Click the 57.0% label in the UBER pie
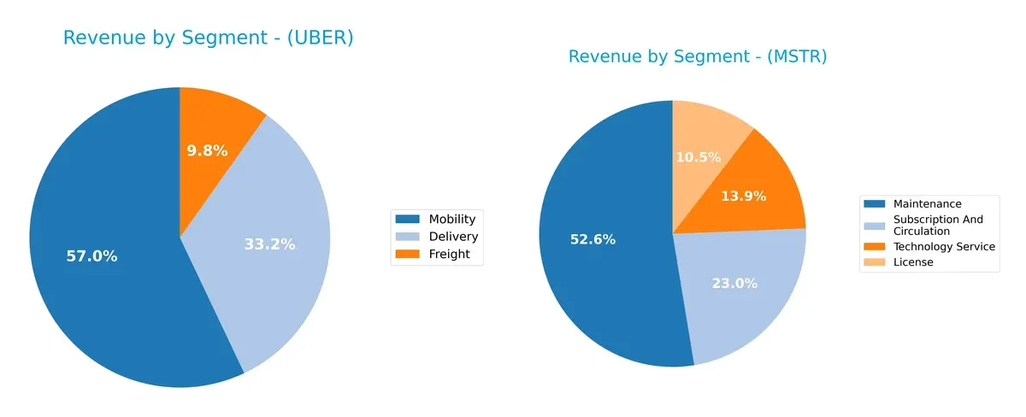(91, 255)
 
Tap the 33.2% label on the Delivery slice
(269, 244)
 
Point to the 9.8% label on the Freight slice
(207, 151)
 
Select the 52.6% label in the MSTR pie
(593, 240)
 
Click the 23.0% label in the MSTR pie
(734, 284)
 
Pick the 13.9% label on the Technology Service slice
(743, 197)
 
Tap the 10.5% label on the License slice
(699, 157)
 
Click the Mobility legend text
(452, 220)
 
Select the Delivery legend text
(453, 237)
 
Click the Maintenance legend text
(927, 204)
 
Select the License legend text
(913, 262)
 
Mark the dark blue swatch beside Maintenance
(874, 204)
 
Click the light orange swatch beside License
(874, 262)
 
